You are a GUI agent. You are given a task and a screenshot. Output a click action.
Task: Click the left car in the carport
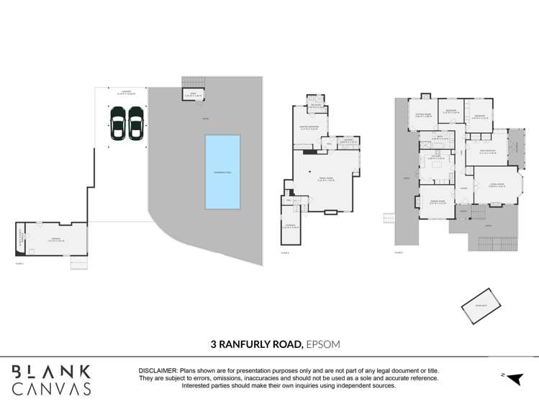(118, 124)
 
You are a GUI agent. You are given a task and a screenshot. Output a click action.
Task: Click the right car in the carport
(136, 124)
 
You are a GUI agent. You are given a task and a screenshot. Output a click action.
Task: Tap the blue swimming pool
(222, 172)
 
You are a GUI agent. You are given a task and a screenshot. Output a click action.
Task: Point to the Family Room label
(326, 179)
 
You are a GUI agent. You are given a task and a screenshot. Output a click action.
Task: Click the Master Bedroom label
(308, 129)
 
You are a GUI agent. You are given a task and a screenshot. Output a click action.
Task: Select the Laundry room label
(348, 141)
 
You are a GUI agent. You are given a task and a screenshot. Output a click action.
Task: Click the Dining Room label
(438, 202)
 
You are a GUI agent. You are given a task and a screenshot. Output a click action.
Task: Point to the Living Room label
(497, 185)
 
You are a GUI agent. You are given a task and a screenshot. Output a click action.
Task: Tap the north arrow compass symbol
(513, 378)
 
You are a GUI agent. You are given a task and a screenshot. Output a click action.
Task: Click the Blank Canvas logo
(51, 380)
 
